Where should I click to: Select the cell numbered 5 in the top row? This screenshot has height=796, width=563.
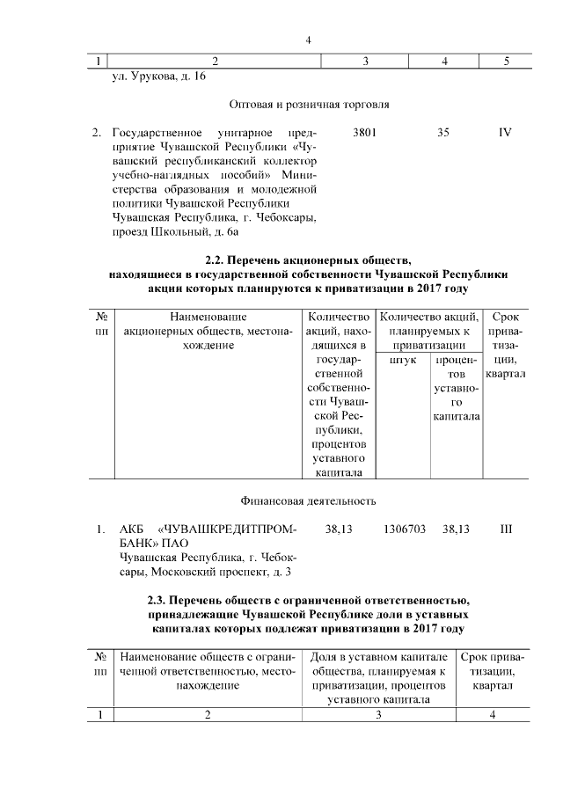point(506,61)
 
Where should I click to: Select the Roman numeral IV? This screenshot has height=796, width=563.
point(505,133)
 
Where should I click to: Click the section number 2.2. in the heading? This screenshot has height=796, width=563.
point(216,260)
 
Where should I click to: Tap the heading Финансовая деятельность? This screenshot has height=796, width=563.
point(309,501)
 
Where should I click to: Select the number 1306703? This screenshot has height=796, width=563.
point(405,529)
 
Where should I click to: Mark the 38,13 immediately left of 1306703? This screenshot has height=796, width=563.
point(339,529)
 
